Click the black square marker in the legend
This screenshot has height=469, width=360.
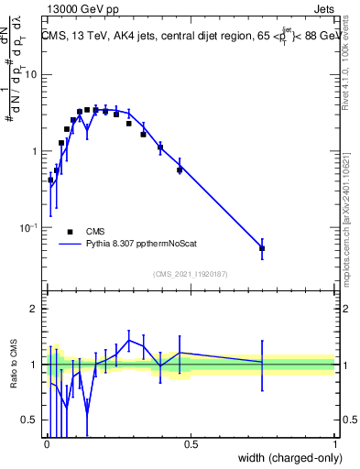[x=70, y=232]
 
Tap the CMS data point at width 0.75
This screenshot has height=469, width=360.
[x=262, y=248]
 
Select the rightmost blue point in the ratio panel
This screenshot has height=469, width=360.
[x=262, y=362]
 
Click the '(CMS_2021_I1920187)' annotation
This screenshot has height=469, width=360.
[x=191, y=274]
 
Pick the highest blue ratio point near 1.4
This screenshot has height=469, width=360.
[x=129, y=340]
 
